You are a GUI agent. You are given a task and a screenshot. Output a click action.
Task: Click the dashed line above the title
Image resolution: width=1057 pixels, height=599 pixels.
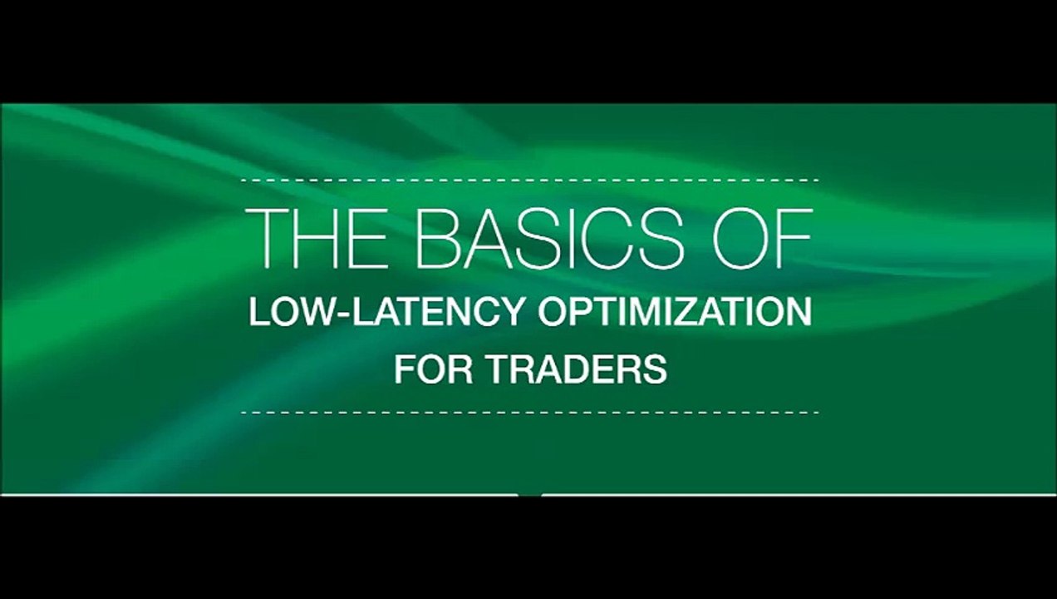529,180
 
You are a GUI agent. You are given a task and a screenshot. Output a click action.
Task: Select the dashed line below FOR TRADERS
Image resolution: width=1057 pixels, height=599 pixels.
529,412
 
